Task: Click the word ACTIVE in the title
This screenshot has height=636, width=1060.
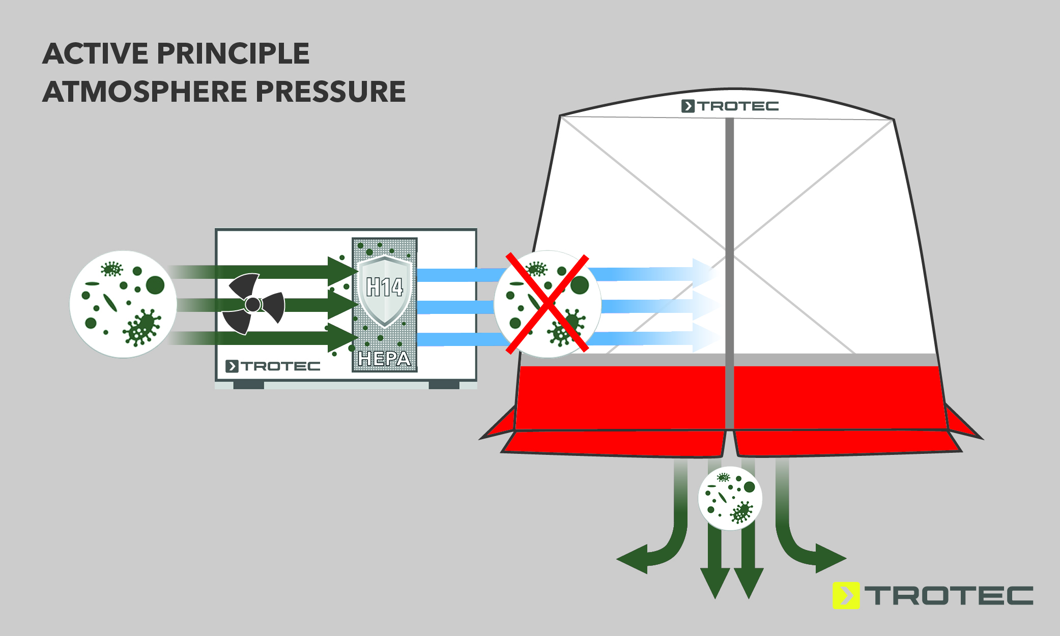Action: click(x=95, y=54)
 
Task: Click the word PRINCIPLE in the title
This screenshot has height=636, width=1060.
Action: click(x=233, y=54)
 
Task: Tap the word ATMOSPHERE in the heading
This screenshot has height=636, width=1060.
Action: click(x=145, y=92)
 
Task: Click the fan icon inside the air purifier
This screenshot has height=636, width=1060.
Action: click(x=253, y=304)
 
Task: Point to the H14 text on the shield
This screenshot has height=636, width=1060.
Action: click(x=384, y=287)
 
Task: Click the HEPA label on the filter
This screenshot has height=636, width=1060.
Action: click(x=384, y=359)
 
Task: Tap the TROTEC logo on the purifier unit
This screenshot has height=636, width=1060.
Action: click(x=273, y=366)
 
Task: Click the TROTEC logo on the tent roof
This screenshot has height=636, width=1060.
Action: click(x=730, y=106)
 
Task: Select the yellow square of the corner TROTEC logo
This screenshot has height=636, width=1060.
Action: click(x=846, y=595)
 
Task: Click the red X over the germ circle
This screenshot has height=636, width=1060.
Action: click(x=548, y=304)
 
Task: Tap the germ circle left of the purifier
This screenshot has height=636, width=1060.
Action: click(x=123, y=304)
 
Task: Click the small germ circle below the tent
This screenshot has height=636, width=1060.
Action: click(x=730, y=498)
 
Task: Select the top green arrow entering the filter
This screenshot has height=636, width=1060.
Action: click(x=265, y=272)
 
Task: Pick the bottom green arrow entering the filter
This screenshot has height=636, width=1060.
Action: click(x=265, y=337)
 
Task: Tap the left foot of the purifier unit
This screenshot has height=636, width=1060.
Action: click(x=248, y=385)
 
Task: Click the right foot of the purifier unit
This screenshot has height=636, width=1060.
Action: click(x=444, y=385)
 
